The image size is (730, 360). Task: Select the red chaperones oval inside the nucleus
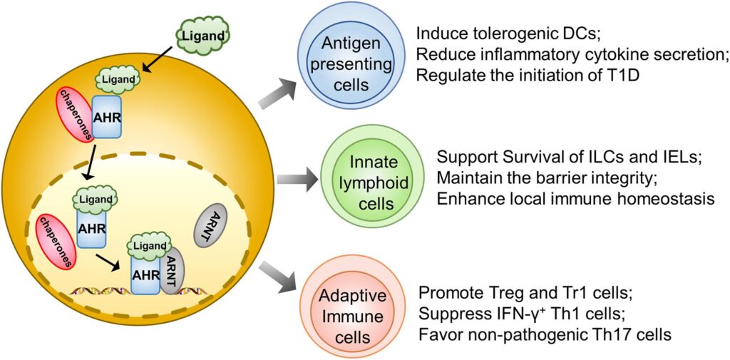(x=54, y=242)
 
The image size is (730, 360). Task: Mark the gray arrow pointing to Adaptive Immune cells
(x=278, y=277)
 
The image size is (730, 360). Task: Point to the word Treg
(x=500, y=293)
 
